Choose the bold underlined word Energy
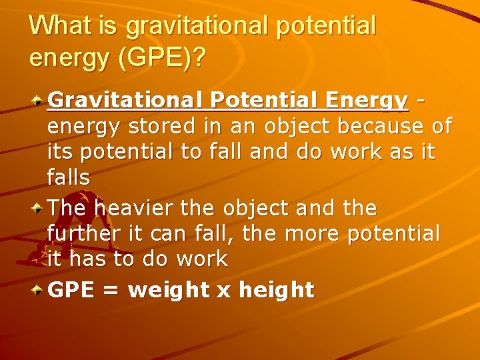(366, 101)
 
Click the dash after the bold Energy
(419, 101)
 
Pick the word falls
(69, 177)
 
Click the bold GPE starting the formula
(73, 290)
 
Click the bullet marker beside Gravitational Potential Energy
(40, 102)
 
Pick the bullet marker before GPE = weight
(40, 291)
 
